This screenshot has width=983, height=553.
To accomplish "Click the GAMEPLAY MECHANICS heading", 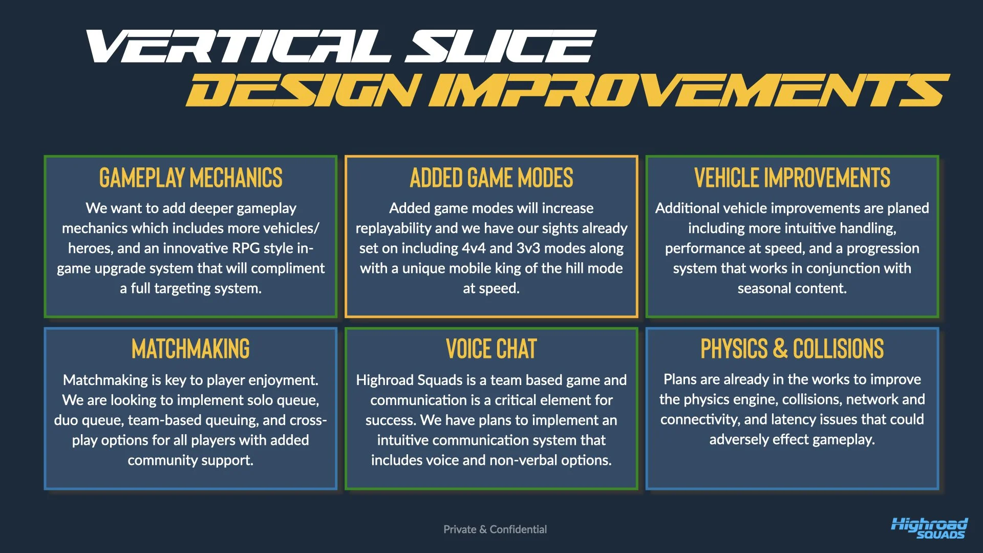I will (190, 178).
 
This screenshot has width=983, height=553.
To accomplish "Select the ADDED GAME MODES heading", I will (491, 178).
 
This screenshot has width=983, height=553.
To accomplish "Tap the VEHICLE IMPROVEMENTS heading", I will (792, 178).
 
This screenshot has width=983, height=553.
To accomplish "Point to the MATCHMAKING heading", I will (190, 349).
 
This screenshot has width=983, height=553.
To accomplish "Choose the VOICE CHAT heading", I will (491, 349).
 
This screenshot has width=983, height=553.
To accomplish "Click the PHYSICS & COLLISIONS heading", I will (792, 349).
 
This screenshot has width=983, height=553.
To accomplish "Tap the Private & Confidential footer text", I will (495, 529).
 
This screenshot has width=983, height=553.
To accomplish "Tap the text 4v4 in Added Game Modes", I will (474, 248).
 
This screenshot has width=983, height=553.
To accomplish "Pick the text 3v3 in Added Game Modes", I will (528, 248).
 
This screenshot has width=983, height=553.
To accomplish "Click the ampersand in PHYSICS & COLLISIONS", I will (780, 349).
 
